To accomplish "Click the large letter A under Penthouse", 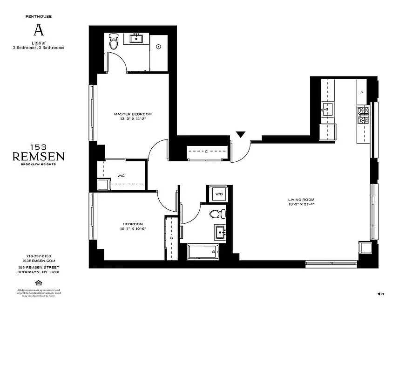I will point(39,30).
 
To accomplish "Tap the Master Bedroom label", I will point(133,114).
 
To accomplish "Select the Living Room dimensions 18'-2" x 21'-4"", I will point(305,204).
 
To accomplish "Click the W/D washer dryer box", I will point(218,194).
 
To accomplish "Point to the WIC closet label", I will point(121,175).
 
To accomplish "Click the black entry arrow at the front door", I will point(240,135).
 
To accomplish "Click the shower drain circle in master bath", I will point(159,47).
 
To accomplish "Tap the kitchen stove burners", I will point(363,115).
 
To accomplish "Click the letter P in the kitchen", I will point(362,93).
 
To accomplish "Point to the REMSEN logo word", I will point(38,156).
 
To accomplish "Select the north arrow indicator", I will point(380,294).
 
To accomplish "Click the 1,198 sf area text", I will point(39,43).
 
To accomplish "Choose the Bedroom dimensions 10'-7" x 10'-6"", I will point(133,228).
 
